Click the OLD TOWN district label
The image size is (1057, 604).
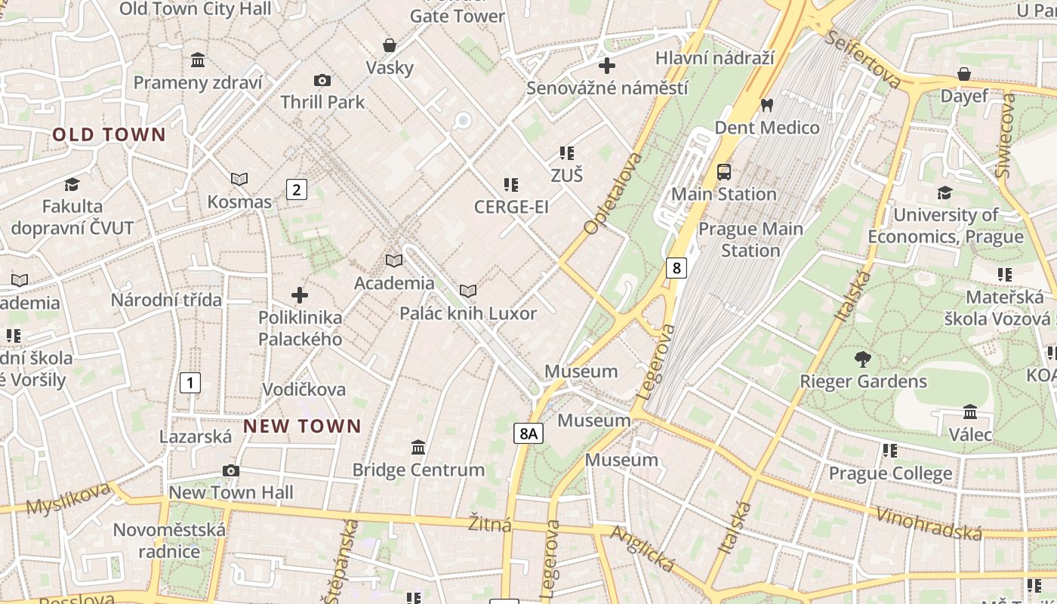tap(109, 135)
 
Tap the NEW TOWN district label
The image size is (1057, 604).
tap(302, 427)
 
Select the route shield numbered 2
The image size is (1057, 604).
tap(297, 190)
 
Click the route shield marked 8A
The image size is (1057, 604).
tap(528, 433)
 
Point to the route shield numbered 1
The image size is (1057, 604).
tap(190, 383)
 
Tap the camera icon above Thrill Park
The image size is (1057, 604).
tap(322, 80)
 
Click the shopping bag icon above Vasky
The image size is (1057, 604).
tap(390, 45)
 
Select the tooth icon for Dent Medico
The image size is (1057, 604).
tap(767, 106)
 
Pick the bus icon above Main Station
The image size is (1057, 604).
tap(724, 172)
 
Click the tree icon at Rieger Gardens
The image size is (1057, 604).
tap(863, 359)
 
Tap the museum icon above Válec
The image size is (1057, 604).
tap(970, 412)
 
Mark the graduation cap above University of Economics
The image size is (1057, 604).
tap(945, 193)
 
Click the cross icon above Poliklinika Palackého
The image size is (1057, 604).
tap(300, 295)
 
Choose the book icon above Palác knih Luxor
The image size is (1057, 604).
tap(468, 291)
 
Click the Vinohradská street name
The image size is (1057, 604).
tap(929, 522)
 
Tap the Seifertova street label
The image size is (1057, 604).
tap(863, 59)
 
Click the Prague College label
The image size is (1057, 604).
tap(890, 473)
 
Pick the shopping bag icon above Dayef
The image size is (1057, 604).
tap(964, 74)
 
